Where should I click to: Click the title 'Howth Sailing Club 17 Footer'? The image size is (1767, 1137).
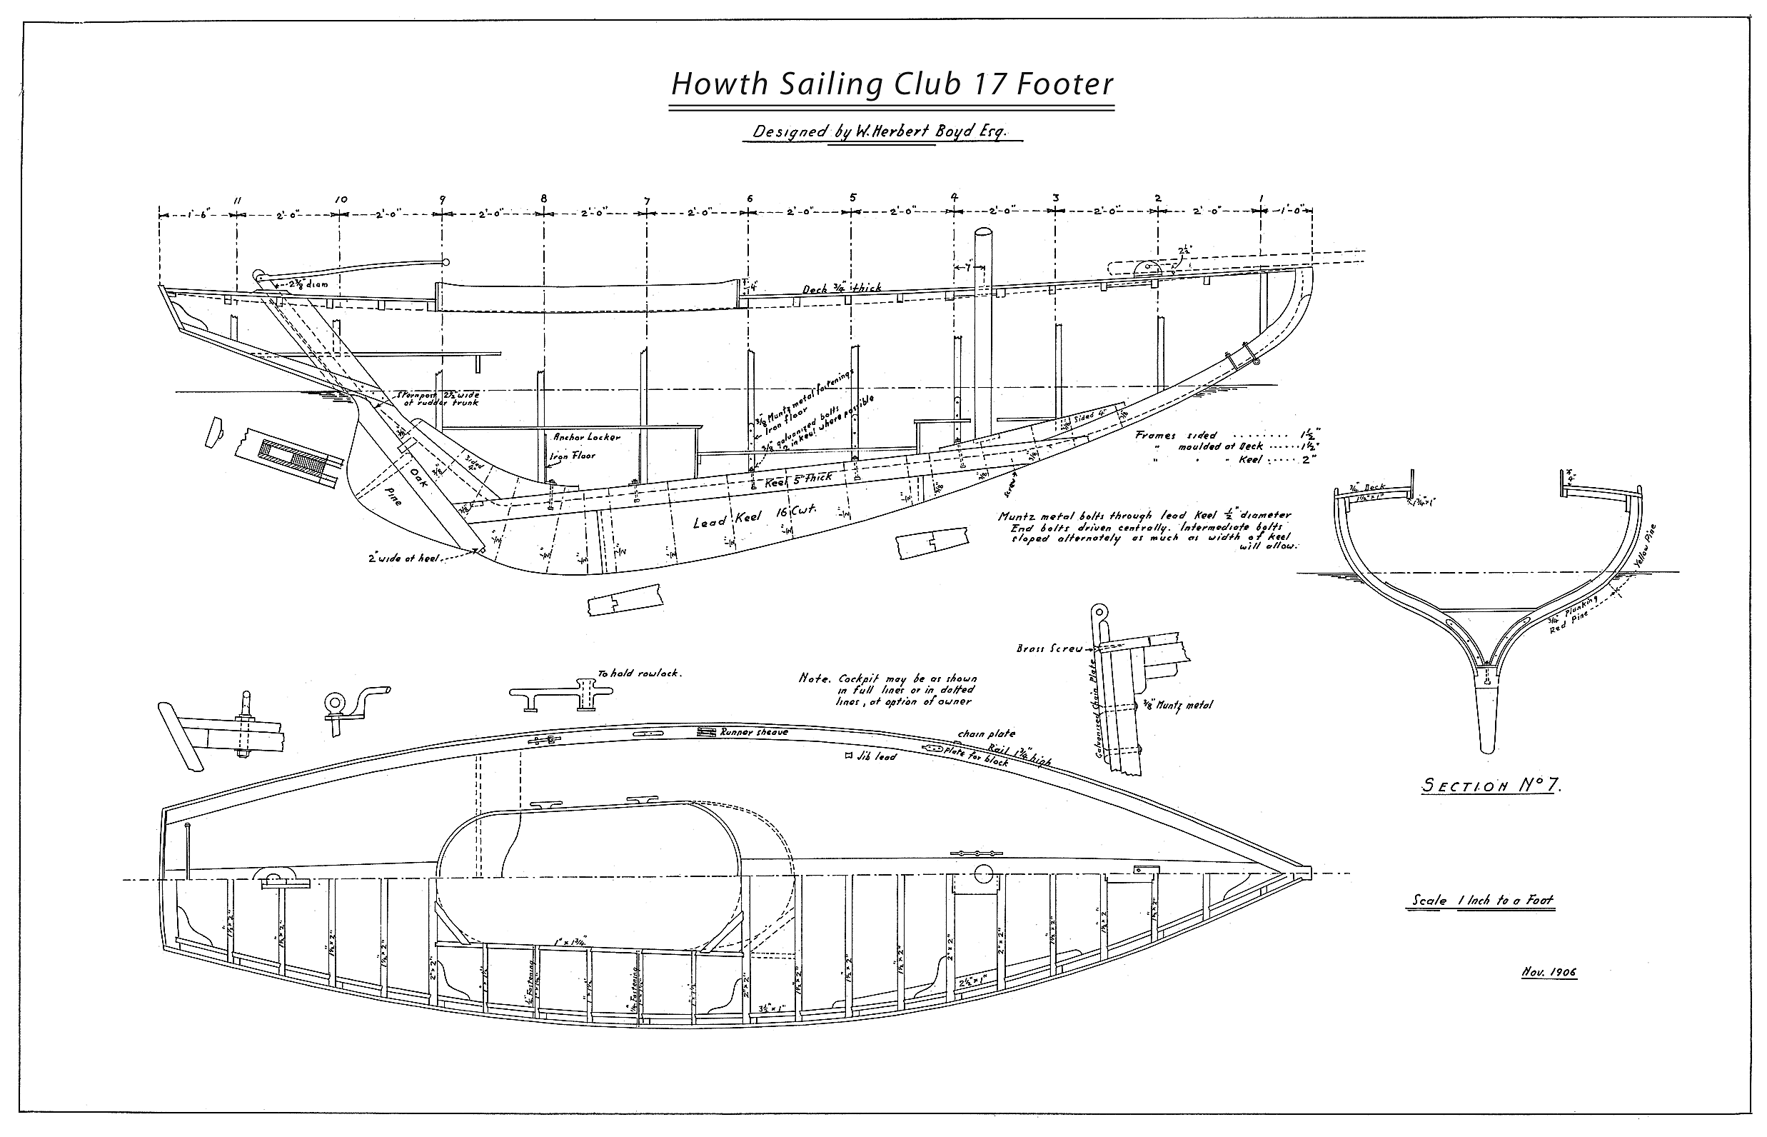891,85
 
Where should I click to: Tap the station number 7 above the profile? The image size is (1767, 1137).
647,200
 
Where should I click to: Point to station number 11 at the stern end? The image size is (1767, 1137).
238,200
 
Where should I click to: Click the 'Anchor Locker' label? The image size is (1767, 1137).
587,436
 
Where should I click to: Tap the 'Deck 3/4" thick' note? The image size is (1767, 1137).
842,288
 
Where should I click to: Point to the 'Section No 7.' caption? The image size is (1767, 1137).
1491,786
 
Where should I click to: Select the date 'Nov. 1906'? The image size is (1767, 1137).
1549,971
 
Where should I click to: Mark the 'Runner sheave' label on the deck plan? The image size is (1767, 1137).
754,732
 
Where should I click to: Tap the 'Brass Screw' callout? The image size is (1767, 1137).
1049,648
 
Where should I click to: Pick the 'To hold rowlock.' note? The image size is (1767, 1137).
639,673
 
